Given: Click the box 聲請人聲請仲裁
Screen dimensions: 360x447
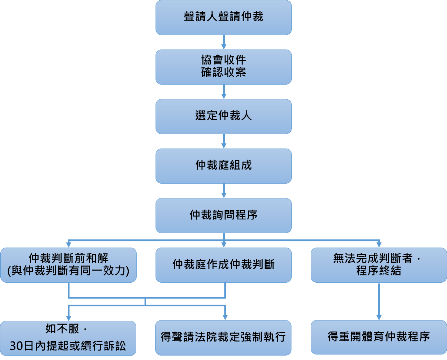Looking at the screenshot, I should point(223,17).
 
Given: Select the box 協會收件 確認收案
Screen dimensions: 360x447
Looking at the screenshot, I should point(223,67).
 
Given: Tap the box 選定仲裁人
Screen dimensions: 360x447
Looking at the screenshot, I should point(223,116).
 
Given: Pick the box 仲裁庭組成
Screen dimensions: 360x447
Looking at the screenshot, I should point(223,166).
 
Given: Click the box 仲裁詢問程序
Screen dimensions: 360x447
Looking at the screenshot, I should point(223,215).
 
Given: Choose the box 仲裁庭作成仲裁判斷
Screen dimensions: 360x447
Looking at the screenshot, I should point(223,265).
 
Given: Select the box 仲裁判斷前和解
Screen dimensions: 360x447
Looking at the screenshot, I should point(68,265).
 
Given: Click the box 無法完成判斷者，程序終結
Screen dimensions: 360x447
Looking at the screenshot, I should point(379,265).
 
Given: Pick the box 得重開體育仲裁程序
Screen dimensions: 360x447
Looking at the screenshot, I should point(379,337).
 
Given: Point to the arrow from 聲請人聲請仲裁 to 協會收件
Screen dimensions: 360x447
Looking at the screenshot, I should point(224,42).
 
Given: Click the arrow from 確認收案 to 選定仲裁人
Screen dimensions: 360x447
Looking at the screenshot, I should point(224,92).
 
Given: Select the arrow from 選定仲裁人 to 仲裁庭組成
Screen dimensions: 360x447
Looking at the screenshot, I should point(224,141).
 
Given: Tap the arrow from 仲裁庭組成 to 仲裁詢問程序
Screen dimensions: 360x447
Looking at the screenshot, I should point(224,191).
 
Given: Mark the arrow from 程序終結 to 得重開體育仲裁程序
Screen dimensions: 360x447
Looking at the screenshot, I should point(379,301).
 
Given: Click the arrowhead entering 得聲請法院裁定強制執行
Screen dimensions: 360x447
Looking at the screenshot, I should point(225,317).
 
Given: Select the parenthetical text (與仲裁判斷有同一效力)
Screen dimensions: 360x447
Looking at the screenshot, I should point(68,271).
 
